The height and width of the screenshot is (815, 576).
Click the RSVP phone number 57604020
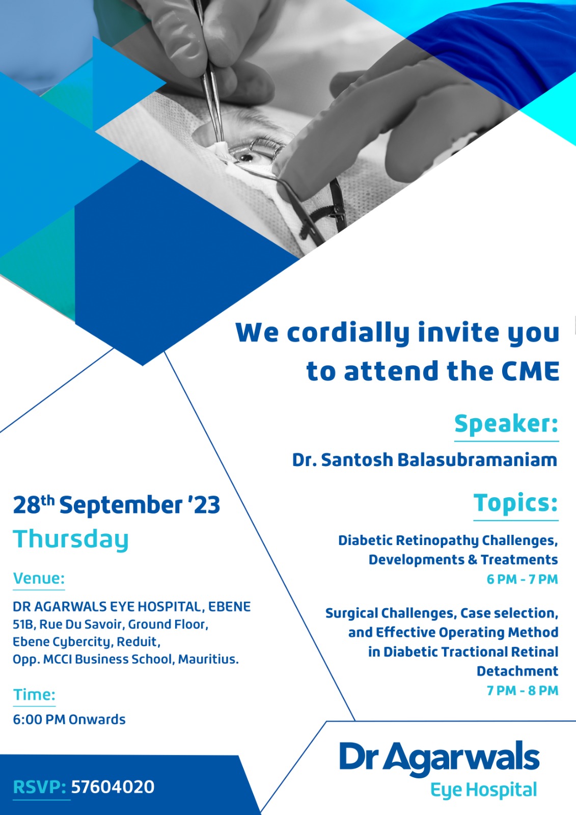[113, 786]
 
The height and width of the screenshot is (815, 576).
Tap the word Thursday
[71, 540]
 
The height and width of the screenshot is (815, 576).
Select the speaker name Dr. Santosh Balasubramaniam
[425, 460]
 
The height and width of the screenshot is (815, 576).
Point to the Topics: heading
[516, 503]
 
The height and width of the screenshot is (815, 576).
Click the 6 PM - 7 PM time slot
[523, 579]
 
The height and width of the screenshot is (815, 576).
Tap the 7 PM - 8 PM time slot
[523, 690]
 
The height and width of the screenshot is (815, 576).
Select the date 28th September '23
[117, 505]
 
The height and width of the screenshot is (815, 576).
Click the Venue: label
[39, 578]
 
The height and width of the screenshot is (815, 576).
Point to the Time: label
[34, 695]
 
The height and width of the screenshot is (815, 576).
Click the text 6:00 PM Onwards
[69, 719]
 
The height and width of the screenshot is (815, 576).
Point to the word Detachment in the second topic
[517, 671]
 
